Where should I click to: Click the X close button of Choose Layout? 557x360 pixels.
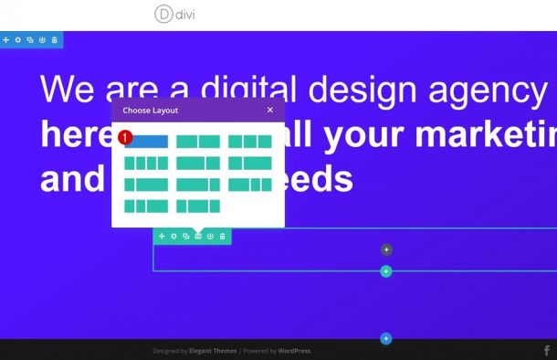(x=269, y=110)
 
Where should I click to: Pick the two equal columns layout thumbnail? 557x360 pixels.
(x=198, y=142)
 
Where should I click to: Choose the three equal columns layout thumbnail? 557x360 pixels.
(x=249, y=142)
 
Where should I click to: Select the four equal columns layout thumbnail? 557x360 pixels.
(x=146, y=163)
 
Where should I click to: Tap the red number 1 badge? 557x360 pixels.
(x=126, y=137)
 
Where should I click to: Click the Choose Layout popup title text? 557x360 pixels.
(x=151, y=111)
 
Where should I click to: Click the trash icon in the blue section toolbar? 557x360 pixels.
(x=54, y=40)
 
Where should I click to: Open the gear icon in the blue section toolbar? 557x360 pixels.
(x=17, y=40)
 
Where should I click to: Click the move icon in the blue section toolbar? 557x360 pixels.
(x=5, y=40)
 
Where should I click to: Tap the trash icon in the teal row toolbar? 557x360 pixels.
(x=222, y=237)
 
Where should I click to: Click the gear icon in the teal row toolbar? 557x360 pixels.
(x=173, y=237)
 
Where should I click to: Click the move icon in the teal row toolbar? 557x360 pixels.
(x=162, y=237)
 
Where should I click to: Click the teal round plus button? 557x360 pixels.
(x=386, y=271)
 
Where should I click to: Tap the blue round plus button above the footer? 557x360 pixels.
(x=386, y=339)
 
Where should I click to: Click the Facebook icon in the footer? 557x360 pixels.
(x=547, y=350)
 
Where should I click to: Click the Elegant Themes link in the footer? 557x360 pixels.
(x=213, y=351)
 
